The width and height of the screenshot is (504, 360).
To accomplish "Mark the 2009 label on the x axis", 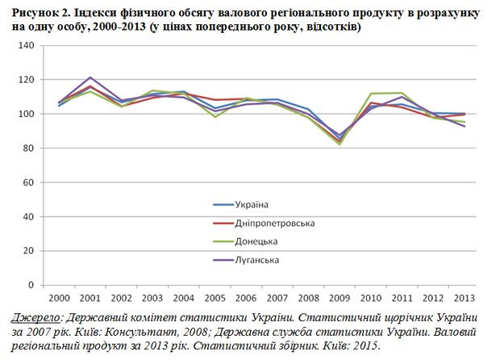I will [339, 298].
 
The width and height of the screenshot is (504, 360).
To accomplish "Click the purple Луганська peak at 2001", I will [90, 77].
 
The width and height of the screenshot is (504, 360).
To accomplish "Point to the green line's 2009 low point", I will [339, 144].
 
